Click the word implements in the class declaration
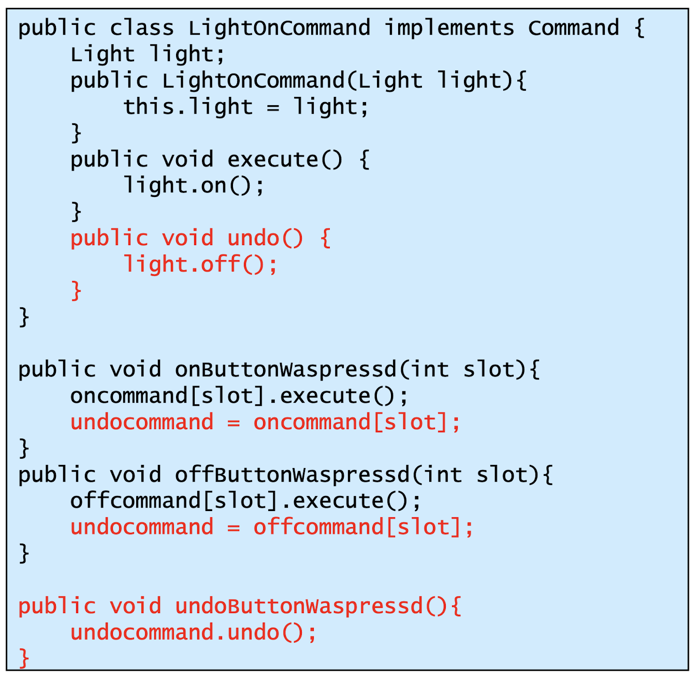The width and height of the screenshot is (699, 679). (449, 28)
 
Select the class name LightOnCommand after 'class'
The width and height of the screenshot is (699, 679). (279, 28)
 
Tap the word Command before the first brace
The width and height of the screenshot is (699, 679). (573, 28)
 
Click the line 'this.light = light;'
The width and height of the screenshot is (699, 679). (246, 107)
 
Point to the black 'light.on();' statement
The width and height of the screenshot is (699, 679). (194, 186)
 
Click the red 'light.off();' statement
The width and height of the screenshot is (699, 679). (200, 264)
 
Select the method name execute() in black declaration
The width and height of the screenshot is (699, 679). (285, 160)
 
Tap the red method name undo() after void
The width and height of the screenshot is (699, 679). (265, 238)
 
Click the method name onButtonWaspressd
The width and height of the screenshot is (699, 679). (285, 370)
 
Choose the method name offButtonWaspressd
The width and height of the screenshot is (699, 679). (292, 475)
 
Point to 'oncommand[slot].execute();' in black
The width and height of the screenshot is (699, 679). (239, 397)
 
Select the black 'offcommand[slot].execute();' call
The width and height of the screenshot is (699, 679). (246, 501)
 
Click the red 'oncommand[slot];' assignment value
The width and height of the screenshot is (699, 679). (357, 422)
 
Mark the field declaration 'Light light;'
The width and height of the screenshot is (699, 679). (148, 54)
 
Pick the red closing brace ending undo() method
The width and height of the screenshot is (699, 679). (76, 291)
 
